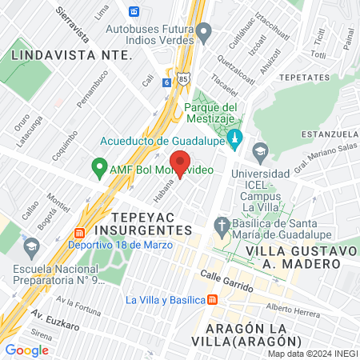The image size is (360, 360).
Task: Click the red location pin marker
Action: coord(180,162)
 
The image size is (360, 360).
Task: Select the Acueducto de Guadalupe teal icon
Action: coord(234,139)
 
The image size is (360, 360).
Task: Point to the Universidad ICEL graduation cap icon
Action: coord(260,150)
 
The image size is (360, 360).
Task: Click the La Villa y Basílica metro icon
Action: coord(212,300)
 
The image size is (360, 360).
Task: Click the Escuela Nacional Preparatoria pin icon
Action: coord(32,244)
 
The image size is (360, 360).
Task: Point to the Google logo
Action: coord(26,350)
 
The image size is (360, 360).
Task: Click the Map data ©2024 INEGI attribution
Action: coord(312,354)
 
